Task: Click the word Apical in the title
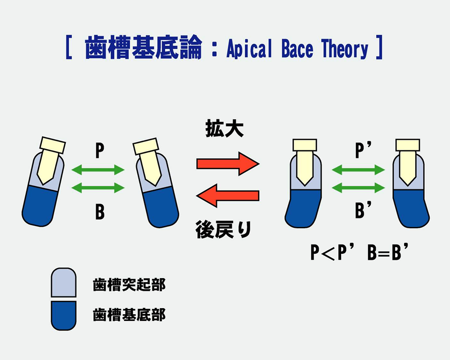[x=249, y=49]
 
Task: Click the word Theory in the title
[x=344, y=49]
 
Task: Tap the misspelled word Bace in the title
[x=297, y=49]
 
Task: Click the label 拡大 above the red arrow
[x=225, y=129]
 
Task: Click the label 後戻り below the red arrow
[x=223, y=229]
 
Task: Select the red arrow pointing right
[x=228, y=164]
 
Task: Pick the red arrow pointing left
[x=228, y=196]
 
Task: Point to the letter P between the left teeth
[x=99, y=151]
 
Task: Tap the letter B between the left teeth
[x=100, y=212]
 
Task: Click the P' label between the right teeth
[x=363, y=150]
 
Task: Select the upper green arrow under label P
[x=98, y=170]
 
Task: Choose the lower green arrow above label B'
[x=358, y=188]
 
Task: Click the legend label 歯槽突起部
[x=129, y=285]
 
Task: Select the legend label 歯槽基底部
[x=129, y=315]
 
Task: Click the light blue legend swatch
[x=63, y=283]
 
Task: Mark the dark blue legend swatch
[x=63, y=315]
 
